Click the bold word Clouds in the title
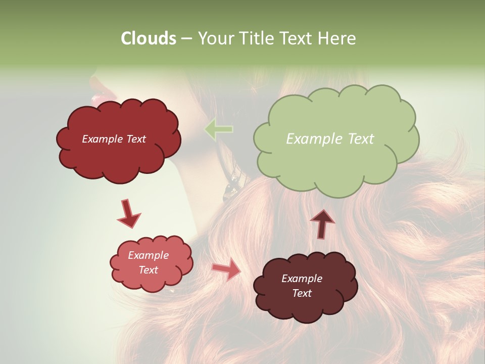[149, 38]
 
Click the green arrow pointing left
[219, 129]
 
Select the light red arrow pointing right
[226, 270]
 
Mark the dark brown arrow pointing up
[322, 223]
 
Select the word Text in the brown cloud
[302, 293]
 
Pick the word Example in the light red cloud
[148, 255]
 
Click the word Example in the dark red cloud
[102, 139]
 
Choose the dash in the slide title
[186, 39]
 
